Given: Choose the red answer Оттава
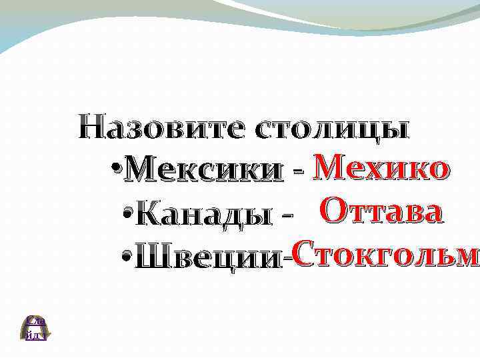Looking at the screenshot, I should click(381, 212).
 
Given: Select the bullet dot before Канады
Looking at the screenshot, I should click(129, 213).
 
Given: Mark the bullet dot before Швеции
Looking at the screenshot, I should click(127, 257).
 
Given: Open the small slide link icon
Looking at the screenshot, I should click(35, 328).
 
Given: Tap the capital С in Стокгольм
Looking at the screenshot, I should click(301, 254).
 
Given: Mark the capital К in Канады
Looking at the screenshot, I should click(153, 215).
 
